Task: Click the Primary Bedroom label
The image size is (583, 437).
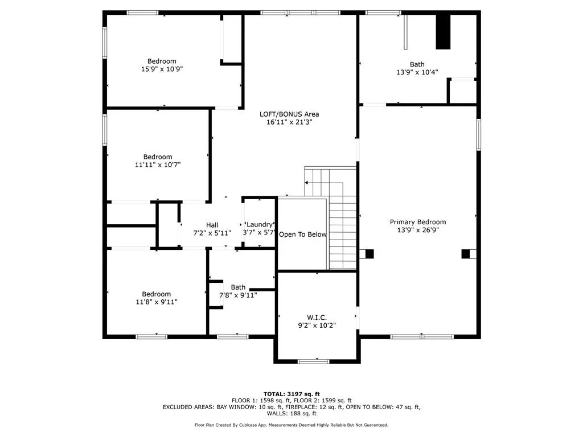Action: [417, 222]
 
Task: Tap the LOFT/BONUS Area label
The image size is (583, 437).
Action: [289, 114]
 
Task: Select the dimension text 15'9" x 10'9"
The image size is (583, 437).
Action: [162, 69]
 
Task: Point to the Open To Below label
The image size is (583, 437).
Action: [303, 234]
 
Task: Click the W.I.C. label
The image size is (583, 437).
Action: [317, 318]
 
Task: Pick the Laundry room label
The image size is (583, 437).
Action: [260, 224]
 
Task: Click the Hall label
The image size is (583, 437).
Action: [212, 225]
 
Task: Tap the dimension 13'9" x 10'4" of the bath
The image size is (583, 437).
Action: [417, 72]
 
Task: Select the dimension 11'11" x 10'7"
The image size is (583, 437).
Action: [158, 164]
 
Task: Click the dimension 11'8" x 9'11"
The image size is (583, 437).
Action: [156, 302]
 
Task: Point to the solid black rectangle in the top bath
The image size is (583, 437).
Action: [443, 32]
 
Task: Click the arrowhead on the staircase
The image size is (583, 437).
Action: [306, 183]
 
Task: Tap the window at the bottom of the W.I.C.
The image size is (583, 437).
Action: [314, 361]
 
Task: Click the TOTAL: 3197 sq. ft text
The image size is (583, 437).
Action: [291, 394]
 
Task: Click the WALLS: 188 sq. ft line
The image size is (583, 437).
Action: [291, 414]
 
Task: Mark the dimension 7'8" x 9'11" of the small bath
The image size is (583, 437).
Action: [238, 295]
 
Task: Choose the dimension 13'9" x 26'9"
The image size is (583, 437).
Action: [417, 230]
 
